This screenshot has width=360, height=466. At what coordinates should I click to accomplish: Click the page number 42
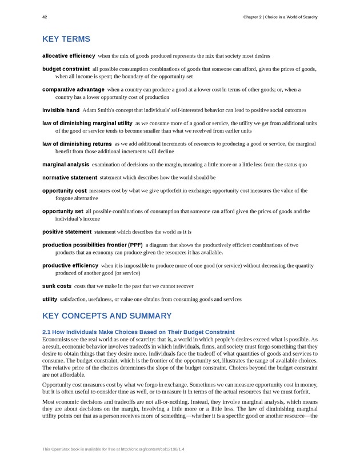(x=45, y=17)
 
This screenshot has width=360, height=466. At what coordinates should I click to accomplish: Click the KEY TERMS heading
(x=66, y=39)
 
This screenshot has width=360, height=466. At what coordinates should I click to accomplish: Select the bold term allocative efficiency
(x=69, y=56)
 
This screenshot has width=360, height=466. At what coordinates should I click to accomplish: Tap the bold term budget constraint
(x=66, y=69)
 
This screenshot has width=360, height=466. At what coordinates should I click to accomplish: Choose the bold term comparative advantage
(x=73, y=90)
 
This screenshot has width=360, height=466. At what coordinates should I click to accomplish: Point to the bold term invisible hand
(x=61, y=110)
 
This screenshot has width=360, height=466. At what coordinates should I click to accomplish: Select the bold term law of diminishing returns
(x=77, y=144)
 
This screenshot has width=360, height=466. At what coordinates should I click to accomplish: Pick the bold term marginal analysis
(x=66, y=165)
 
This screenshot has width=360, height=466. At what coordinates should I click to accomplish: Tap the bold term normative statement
(x=70, y=178)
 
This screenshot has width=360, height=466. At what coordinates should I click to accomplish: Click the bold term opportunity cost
(x=65, y=191)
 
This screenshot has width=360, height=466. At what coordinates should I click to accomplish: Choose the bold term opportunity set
(x=63, y=212)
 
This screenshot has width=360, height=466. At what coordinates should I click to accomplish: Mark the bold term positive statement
(x=67, y=232)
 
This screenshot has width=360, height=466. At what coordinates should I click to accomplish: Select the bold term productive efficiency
(x=70, y=266)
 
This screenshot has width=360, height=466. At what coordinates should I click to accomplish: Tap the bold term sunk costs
(x=57, y=286)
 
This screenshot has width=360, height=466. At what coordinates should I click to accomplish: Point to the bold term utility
(x=50, y=299)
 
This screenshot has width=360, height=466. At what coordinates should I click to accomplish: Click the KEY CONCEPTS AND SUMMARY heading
(x=107, y=316)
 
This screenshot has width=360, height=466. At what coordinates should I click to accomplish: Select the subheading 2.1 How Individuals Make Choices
(x=138, y=332)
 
